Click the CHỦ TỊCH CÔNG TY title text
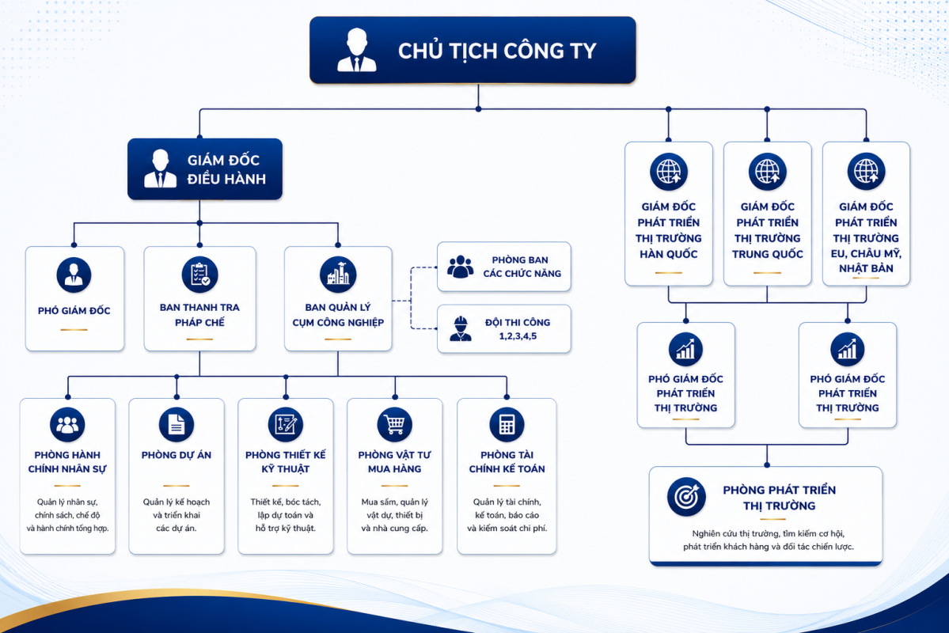click(497, 51)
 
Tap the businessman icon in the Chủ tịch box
click(356, 50)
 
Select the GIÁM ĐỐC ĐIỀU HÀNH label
click(226, 169)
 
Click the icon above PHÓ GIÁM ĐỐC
click(74, 275)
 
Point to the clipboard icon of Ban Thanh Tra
click(199, 274)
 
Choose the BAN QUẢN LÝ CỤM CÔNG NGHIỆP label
click(338, 315)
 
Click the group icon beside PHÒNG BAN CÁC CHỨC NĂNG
click(461, 267)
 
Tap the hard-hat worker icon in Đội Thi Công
click(461, 328)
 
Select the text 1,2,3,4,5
click(518, 335)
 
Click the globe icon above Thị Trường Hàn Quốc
click(669, 171)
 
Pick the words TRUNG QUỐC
click(768, 254)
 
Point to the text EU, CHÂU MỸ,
click(866, 253)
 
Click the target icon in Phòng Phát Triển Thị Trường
click(686, 497)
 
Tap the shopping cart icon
click(395, 424)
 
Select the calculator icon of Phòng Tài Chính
click(507, 424)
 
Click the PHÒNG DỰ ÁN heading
click(177, 455)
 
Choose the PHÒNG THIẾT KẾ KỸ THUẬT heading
click(286, 462)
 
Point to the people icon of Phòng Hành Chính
click(67, 424)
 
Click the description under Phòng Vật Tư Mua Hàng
click(395, 515)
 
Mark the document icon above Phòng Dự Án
click(177, 424)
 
